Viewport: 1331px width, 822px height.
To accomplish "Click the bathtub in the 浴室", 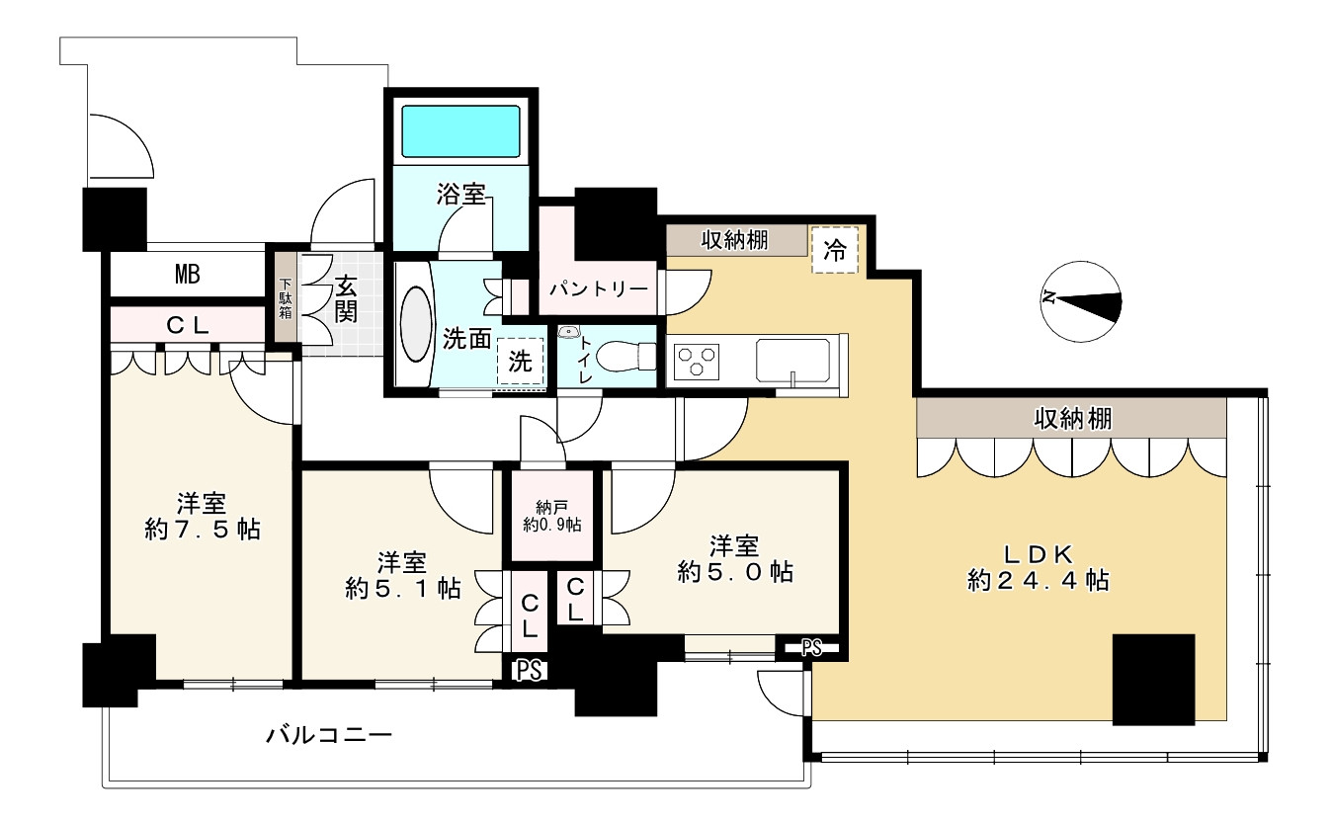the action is coord(460,131).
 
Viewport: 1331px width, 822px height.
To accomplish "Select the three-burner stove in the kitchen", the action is coord(697,362).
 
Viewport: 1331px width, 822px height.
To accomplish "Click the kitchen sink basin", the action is coord(792,360).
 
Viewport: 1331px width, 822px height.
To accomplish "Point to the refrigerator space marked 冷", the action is coord(835,249).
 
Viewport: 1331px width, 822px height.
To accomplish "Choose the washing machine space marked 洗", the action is coord(520,362).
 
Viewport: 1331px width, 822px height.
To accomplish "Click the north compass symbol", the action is coord(1081,301).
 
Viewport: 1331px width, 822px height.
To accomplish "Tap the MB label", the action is coord(188,275).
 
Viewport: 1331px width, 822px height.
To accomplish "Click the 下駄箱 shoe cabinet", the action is coord(286,297).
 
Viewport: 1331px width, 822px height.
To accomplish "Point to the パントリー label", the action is coord(599,289).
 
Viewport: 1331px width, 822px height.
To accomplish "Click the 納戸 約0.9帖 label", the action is coord(552,516).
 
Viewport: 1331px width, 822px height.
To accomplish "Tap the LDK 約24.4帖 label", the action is coord(1039,568).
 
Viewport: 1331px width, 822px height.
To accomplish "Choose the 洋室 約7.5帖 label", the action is coord(202,516).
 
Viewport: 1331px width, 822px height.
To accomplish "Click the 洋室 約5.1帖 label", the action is coord(403,575).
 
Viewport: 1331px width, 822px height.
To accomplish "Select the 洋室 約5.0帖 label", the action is coord(735,558).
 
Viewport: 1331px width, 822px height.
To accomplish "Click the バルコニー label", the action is coord(329,736).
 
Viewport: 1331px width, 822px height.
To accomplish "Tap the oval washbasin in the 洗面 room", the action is coord(416,324).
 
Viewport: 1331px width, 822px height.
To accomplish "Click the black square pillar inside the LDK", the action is coord(1153,680).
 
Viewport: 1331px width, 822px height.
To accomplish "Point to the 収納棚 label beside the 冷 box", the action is coord(735,240).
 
